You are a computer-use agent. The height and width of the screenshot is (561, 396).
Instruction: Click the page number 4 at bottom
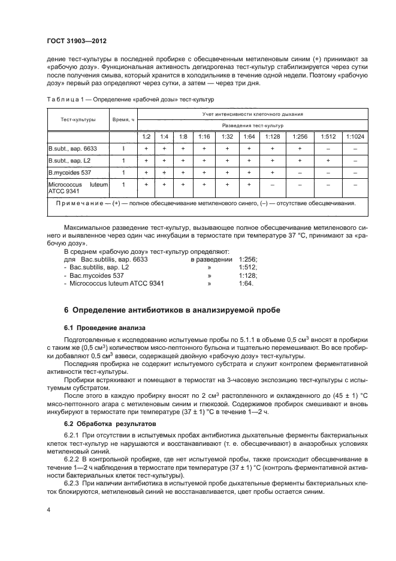[x=48, y=510]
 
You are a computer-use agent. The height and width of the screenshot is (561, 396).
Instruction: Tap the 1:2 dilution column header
[x=146, y=137]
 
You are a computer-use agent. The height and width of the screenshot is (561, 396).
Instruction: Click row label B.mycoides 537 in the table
[x=69, y=173]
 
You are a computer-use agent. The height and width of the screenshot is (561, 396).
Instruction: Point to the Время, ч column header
[x=123, y=119]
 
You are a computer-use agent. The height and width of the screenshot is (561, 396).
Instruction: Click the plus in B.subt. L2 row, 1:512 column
[x=327, y=161]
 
